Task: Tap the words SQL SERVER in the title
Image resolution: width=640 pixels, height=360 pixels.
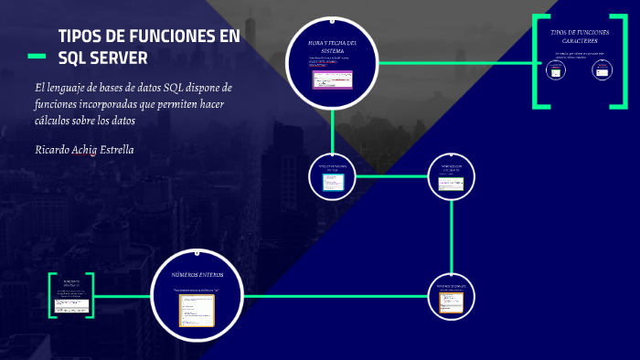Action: (102, 58)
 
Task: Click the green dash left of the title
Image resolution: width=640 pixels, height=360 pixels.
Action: (37, 58)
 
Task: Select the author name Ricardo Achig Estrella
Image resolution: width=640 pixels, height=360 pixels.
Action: (83, 149)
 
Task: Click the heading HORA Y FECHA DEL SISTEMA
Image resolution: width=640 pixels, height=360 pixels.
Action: (332, 47)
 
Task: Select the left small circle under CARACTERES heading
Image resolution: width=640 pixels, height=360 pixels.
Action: (556, 70)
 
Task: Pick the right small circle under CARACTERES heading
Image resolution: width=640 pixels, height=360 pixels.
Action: (601, 70)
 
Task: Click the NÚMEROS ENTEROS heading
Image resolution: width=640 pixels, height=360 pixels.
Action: (197, 274)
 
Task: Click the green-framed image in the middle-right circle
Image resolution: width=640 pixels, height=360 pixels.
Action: (453, 183)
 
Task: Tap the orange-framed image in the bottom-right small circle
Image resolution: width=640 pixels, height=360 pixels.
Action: (452, 302)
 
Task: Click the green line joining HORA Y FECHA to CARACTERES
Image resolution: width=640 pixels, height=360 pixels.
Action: (457, 63)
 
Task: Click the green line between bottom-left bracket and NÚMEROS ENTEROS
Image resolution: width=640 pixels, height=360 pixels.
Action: (123, 296)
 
